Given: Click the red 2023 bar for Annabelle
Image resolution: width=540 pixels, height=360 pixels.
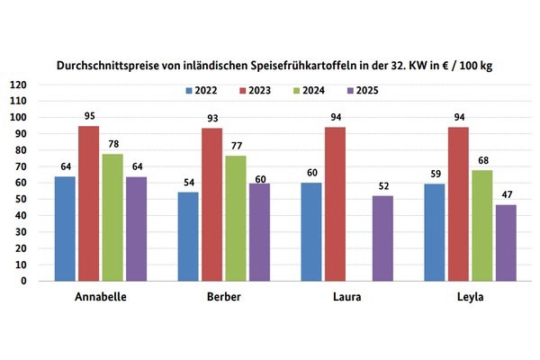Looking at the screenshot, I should (x=89, y=202).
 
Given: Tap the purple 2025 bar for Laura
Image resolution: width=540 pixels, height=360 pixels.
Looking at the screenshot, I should (x=382, y=238).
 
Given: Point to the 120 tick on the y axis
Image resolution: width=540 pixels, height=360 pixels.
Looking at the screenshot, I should (x=18, y=85).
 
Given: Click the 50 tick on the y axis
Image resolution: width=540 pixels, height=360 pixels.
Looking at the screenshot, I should (x=21, y=199).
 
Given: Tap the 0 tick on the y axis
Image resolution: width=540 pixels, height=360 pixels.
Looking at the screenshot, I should (x=23, y=280).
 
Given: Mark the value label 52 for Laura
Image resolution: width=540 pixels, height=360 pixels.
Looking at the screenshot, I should (x=382, y=187).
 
